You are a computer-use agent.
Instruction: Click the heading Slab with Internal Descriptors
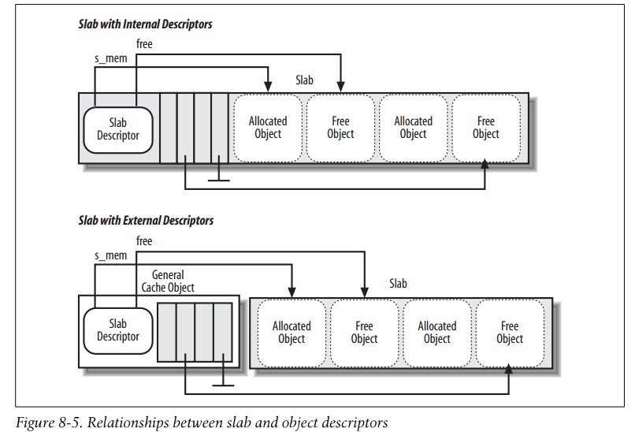point(146,24)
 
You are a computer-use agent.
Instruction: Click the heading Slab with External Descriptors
point(147,222)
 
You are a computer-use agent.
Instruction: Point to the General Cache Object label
point(167,281)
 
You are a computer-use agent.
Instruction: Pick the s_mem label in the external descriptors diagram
point(111,256)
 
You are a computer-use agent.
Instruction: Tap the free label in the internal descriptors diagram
point(145,44)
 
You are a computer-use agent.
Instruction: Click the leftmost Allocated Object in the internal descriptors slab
point(268,128)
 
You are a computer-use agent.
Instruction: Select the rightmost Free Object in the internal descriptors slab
point(486,128)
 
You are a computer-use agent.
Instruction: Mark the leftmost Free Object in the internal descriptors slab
point(340,128)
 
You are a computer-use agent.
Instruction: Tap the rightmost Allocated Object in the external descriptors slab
point(436,332)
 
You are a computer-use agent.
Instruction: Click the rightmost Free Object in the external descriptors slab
point(510,332)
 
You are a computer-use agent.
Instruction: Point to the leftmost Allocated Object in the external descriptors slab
point(292,332)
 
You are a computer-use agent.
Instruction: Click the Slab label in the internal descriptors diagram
point(304,80)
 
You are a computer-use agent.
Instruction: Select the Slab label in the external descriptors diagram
point(399,283)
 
